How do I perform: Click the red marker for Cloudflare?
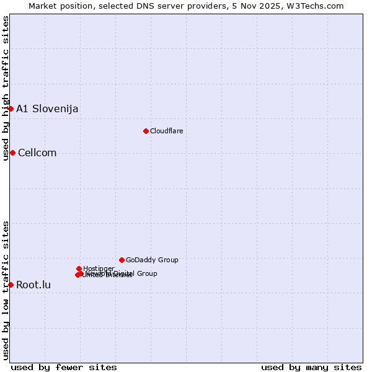tap(146, 131)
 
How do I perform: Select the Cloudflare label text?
tap(166, 131)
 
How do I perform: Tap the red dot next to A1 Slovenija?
tap(11, 108)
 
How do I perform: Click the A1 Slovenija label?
tap(47, 109)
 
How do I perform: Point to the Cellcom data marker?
tap(12, 153)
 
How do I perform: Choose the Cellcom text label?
tap(37, 153)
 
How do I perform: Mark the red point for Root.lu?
tap(11, 285)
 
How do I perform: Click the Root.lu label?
tap(33, 285)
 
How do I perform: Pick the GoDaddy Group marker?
tap(122, 260)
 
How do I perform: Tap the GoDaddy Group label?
tap(152, 260)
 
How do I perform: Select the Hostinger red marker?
tap(79, 268)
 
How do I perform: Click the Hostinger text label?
tap(99, 268)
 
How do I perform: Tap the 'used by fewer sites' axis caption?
tap(64, 367)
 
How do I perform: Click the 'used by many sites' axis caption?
tap(311, 367)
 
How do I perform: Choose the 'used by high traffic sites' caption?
tap(6, 88)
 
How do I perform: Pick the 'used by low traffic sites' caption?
tap(6, 290)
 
